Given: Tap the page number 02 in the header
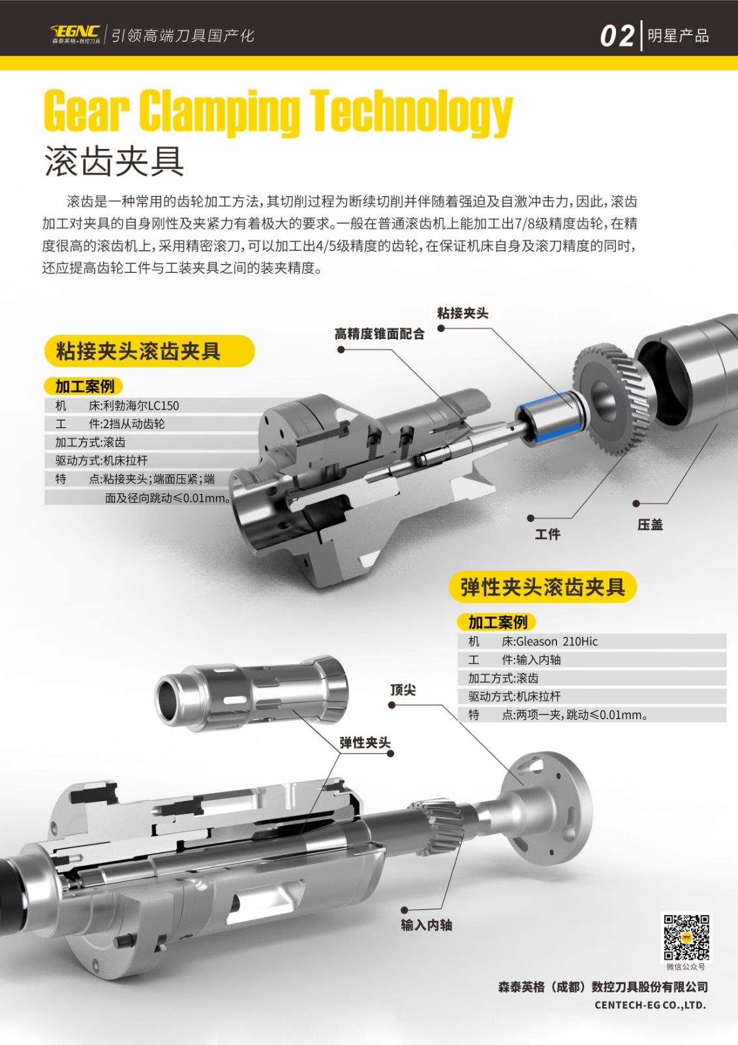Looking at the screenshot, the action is (617, 36).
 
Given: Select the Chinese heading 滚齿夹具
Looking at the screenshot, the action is (114, 161).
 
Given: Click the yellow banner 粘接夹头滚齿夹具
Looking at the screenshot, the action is (149, 351).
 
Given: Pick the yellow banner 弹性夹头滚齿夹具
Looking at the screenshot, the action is (543, 587).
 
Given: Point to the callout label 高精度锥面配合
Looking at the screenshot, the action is (380, 334).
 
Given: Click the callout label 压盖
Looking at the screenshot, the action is (650, 525).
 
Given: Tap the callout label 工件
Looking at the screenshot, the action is (547, 534).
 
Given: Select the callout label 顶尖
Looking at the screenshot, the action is (403, 690).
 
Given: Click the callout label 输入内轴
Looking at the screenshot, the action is (427, 925).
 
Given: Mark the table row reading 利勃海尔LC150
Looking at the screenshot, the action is (154, 406).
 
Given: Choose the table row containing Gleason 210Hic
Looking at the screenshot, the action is (592, 641).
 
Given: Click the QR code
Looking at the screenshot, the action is (686, 937).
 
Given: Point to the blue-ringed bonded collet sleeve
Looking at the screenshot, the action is (550, 417).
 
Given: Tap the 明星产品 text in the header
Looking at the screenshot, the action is (679, 36).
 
